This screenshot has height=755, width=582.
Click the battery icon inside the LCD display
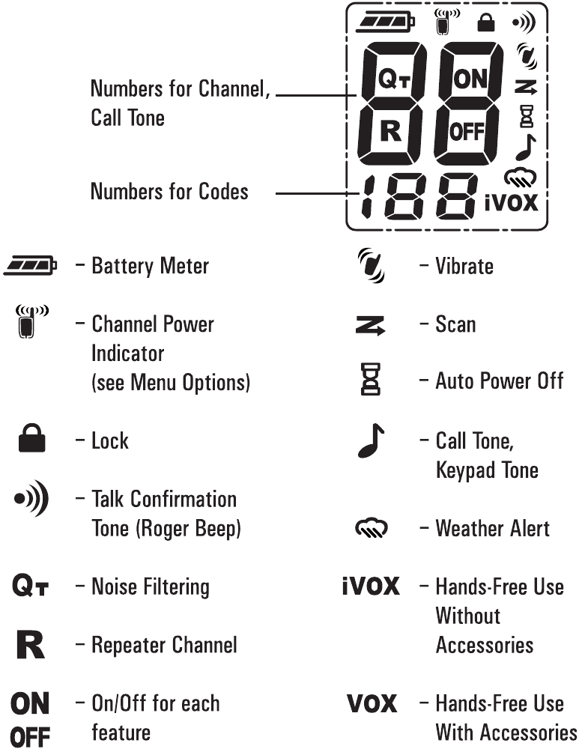[x=385, y=22]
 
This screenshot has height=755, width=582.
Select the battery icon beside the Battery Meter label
[x=30, y=265]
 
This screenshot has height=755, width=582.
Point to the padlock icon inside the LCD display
[x=485, y=22]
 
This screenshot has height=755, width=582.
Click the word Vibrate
[x=464, y=267]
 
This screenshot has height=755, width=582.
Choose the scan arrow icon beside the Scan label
[x=370, y=326]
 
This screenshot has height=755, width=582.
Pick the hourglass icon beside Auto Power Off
[x=371, y=380]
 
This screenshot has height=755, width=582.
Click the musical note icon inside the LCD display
[x=526, y=147]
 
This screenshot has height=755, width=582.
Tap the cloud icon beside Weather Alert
[x=372, y=528]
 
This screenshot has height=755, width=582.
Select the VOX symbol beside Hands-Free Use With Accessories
[x=372, y=704]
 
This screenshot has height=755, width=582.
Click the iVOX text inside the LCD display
[x=511, y=203]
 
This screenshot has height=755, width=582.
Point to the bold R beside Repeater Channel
[x=30, y=645]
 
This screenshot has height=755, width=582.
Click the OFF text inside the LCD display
[x=467, y=132]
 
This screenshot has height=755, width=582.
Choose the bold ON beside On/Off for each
[x=30, y=704]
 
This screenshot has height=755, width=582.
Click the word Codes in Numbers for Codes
[x=223, y=191]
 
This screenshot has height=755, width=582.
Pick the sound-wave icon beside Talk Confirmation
[x=31, y=498]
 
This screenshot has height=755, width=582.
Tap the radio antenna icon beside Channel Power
[x=31, y=321]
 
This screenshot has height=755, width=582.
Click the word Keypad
[x=465, y=470]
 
